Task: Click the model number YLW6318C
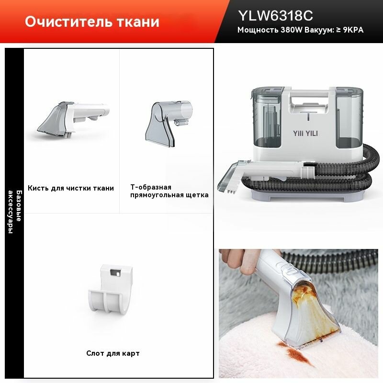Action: [x=275, y=16]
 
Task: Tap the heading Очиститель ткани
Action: [x=92, y=22]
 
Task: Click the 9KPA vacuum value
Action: [x=353, y=30]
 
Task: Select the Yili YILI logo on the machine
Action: [x=305, y=134]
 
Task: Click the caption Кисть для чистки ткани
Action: [x=71, y=188]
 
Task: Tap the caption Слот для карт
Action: [x=113, y=353]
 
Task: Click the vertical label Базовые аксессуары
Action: [x=15, y=212]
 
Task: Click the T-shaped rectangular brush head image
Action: [x=169, y=124]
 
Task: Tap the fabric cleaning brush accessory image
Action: [x=73, y=119]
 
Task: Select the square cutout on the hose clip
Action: [x=115, y=272]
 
